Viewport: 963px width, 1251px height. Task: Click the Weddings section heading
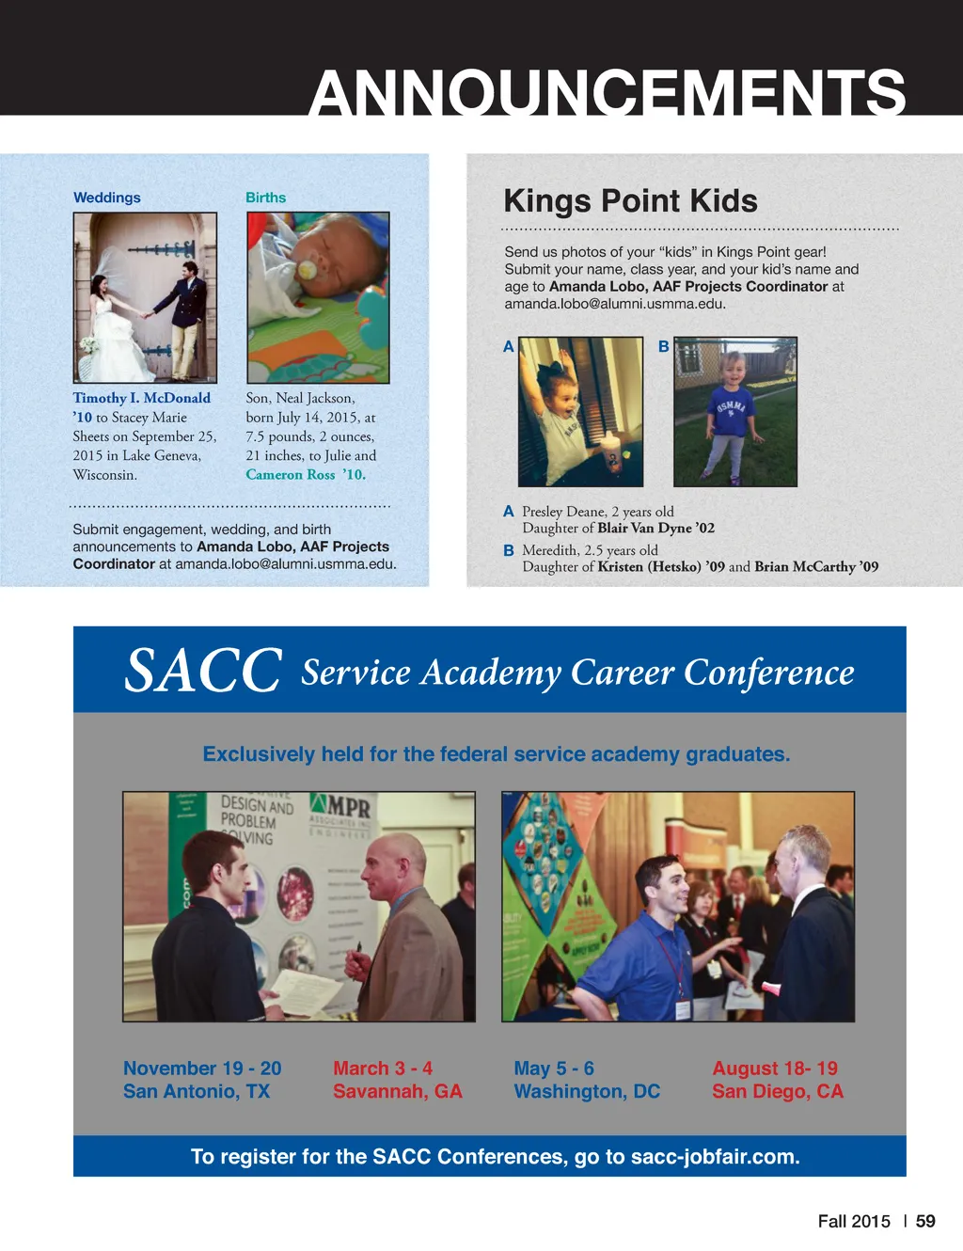pyautogui.click(x=107, y=198)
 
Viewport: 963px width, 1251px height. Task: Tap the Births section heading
pyautogui.click(x=265, y=198)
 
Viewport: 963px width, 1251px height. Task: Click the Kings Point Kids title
pyautogui.click(x=630, y=201)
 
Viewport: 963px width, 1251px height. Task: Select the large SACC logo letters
pyautogui.click(x=203, y=671)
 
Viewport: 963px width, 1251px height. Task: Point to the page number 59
pyautogui.click(x=925, y=1221)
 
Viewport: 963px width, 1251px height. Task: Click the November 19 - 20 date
pyautogui.click(x=202, y=1069)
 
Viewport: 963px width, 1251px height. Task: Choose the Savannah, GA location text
pyautogui.click(x=397, y=1091)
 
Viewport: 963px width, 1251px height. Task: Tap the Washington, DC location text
pyautogui.click(x=587, y=1091)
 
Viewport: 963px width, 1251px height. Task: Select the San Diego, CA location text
pyautogui.click(x=778, y=1091)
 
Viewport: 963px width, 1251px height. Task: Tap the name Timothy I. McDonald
pyautogui.click(x=142, y=398)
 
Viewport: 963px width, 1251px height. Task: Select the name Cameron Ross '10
pyautogui.click(x=305, y=475)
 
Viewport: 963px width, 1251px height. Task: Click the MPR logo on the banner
pyautogui.click(x=340, y=808)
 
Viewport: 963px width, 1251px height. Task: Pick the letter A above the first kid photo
pyautogui.click(x=509, y=346)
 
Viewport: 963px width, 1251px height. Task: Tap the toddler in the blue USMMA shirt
pyautogui.click(x=732, y=414)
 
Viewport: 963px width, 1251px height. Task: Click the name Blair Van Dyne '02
pyautogui.click(x=655, y=529)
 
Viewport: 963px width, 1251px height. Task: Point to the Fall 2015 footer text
pyautogui.click(x=853, y=1221)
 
